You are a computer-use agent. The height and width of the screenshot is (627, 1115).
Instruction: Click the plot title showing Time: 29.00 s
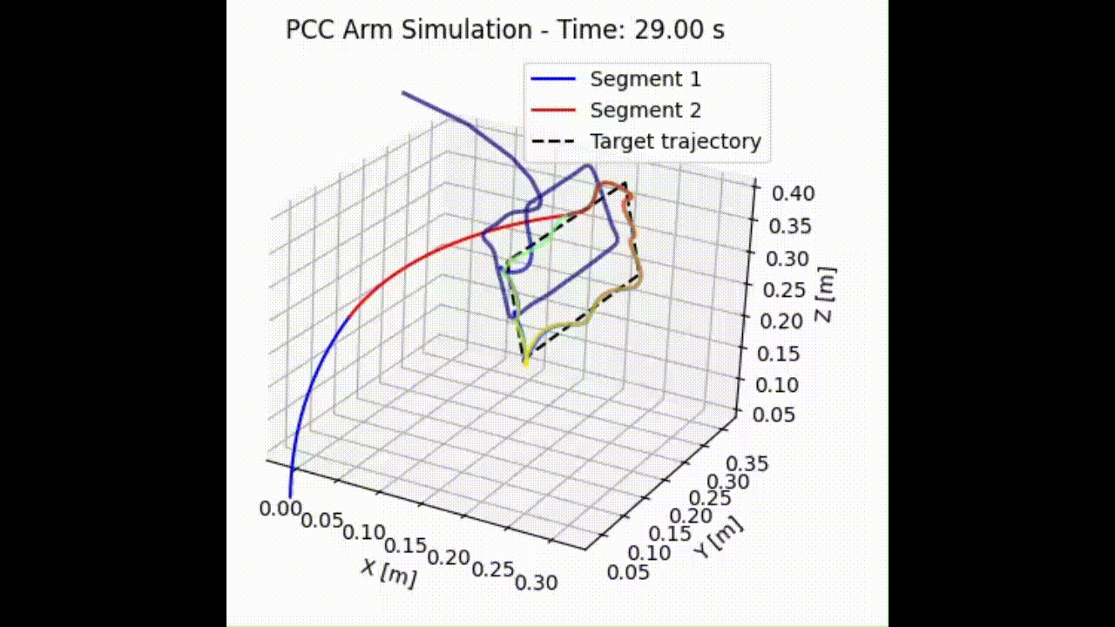click(505, 30)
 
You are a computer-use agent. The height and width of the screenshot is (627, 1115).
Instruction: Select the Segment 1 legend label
click(645, 79)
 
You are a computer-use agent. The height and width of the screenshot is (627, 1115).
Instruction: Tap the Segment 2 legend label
click(645, 111)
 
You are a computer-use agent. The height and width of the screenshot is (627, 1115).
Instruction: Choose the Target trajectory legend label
click(675, 141)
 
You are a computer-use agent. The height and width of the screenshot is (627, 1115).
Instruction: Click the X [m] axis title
click(389, 572)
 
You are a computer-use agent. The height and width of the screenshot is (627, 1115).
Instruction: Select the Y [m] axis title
click(720, 536)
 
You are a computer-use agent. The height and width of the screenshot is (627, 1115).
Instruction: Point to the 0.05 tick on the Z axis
click(774, 414)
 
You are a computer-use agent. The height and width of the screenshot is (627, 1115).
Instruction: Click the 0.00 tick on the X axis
click(280, 509)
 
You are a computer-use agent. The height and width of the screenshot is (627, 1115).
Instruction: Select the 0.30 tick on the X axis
click(536, 583)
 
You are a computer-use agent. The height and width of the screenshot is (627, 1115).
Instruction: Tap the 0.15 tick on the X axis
click(405, 546)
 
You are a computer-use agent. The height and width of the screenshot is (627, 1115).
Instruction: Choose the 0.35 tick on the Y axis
click(749, 463)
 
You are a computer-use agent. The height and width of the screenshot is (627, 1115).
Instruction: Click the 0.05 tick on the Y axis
click(632, 571)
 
